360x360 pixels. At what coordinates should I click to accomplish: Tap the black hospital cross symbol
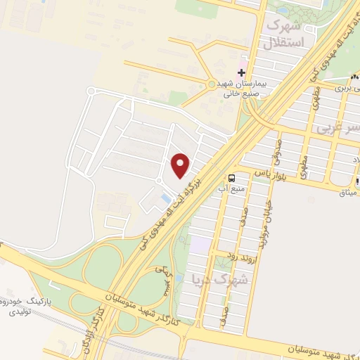point(241,72)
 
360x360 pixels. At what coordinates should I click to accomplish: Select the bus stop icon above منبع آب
point(232,177)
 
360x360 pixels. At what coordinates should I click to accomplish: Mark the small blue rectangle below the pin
point(165,200)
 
